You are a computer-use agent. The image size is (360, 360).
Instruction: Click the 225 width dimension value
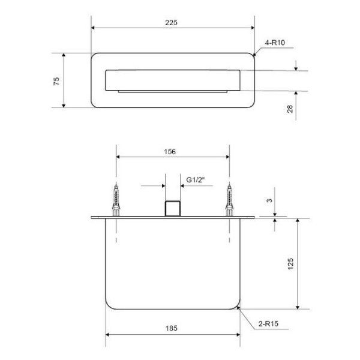(x=171, y=23)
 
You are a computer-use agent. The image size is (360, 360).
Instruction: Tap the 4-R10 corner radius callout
(x=275, y=43)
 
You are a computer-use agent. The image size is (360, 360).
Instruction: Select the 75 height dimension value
(x=56, y=81)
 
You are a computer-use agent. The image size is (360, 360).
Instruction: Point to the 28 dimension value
(x=290, y=109)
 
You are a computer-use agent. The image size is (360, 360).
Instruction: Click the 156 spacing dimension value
(x=170, y=152)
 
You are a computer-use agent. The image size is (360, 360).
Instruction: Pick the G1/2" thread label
(x=196, y=180)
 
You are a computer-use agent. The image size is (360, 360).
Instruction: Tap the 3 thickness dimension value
(x=269, y=200)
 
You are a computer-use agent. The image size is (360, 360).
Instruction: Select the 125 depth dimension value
(x=290, y=264)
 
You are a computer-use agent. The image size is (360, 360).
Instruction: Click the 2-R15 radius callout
(x=268, y=324)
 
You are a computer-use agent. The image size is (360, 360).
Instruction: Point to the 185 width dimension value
(x=172, y=328)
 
